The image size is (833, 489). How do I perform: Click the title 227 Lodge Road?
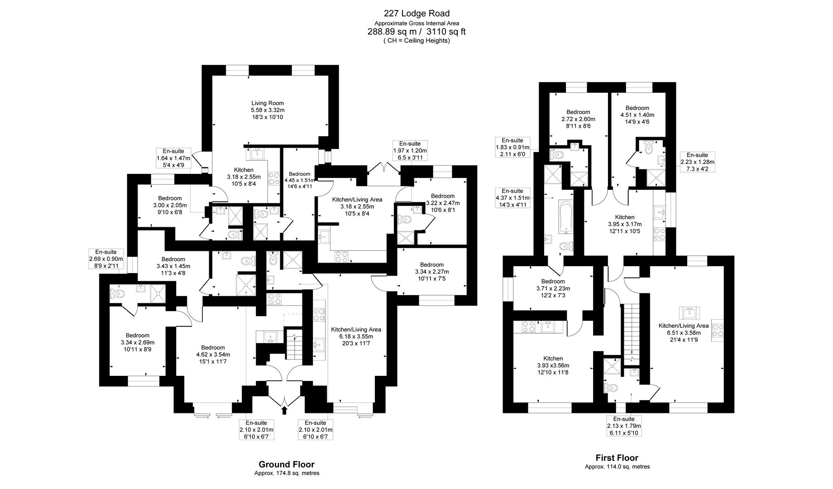416,13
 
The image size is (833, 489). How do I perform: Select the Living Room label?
268,110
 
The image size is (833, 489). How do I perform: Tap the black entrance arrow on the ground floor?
284,410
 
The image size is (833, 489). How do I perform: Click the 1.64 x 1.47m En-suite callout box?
173,158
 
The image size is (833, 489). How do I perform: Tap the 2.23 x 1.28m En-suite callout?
697,162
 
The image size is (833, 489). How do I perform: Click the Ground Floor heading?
286,464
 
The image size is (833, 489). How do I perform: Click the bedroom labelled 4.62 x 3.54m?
213,354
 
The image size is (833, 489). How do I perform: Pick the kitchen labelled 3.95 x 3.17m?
625,224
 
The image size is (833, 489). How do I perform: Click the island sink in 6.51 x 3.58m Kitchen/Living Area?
689,313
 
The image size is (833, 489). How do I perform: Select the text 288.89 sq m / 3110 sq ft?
416,32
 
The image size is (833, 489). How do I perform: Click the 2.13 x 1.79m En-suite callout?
624,426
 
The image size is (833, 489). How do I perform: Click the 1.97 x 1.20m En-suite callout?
410,150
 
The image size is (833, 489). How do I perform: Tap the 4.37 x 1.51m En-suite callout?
512,198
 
